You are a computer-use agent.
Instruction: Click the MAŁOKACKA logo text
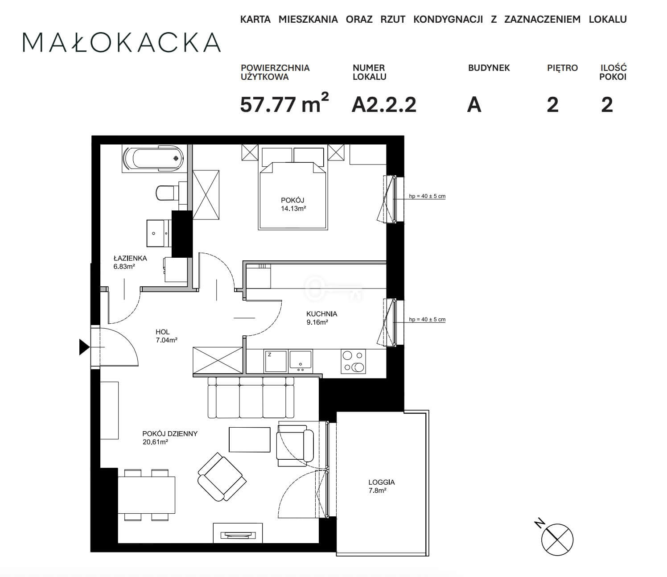[122, 42]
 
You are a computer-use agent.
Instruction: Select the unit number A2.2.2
[384, 104]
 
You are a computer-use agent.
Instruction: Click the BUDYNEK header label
[489, 68]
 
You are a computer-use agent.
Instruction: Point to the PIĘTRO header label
[562, 68]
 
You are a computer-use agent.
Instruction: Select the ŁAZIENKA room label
[130, 258]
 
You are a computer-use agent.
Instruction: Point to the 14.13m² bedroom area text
[293, 209]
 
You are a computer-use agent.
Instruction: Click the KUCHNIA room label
[322, 313]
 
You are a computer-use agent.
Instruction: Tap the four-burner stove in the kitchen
[353, 361]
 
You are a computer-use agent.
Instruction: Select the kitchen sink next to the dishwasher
[301, 360]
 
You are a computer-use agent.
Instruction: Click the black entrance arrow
[85, 347]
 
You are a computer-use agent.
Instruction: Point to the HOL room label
[163, 332]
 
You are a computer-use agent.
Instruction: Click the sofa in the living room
[251, 397]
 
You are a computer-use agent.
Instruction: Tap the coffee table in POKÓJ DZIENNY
[249, 440]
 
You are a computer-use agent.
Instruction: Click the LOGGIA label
[381, 482]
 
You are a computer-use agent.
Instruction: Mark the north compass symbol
[557, 539]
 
